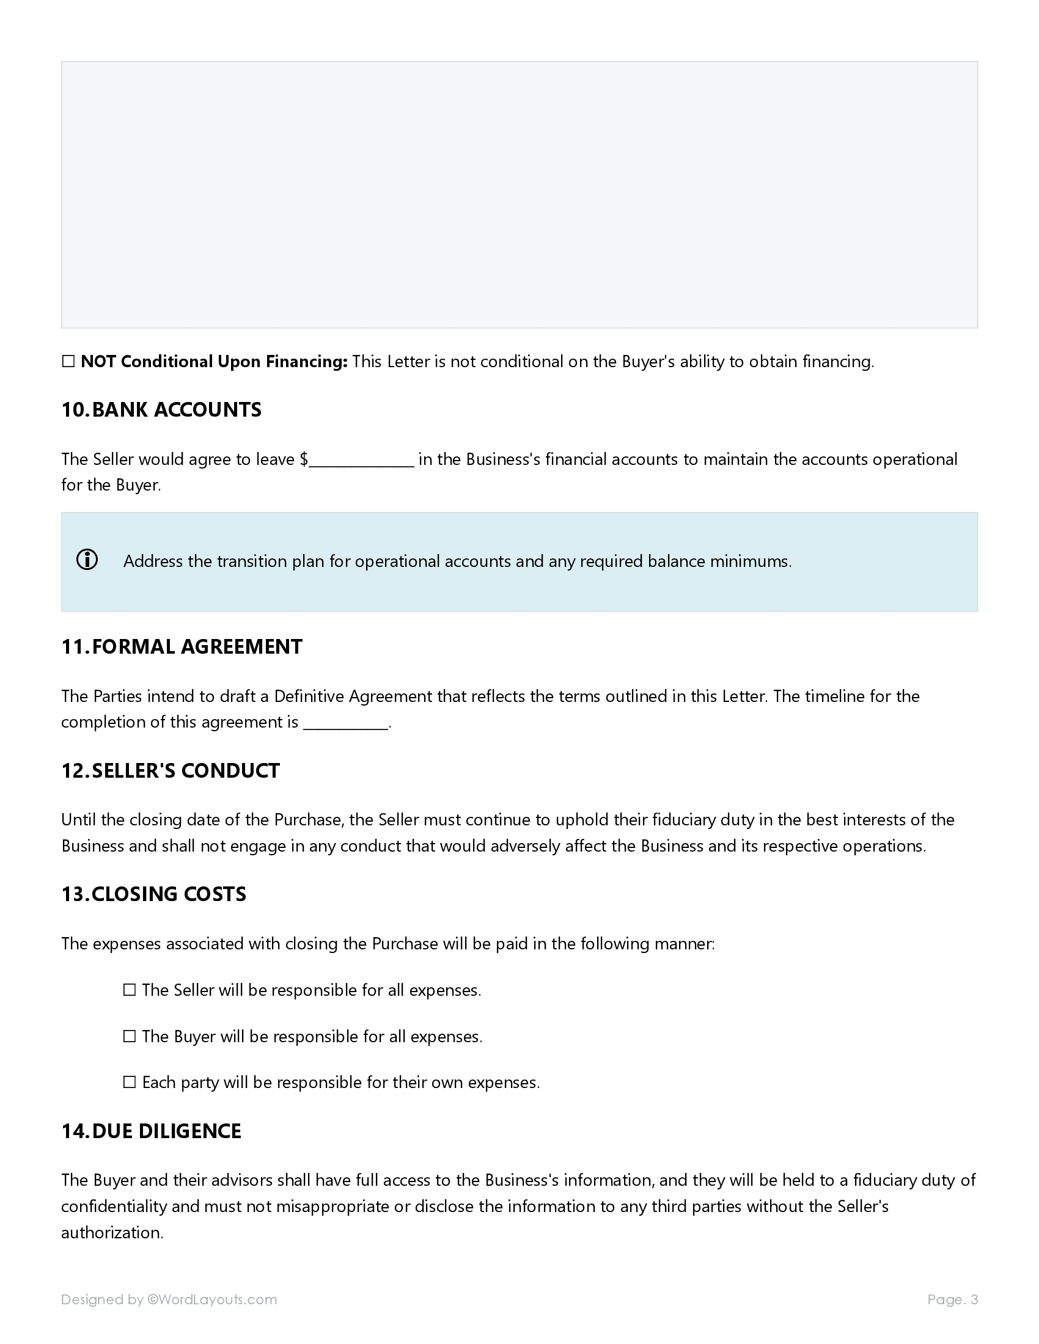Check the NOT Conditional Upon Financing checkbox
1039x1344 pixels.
pyautogui.click(x=68, y=362)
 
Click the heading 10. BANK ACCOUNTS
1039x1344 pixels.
pyautogui.click(x=161, y=410)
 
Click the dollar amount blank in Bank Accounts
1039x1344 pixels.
pyautogui.click(x=361, y=460)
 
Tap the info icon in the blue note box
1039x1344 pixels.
pyautogui.click(x=87, y=560)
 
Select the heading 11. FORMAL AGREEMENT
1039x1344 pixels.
pyautogui.click(x=182, y=647)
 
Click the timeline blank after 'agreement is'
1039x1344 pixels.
pyautogui.click(x=346, y=723)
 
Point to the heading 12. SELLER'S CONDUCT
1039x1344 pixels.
pyautogui.click(x=171, y=771)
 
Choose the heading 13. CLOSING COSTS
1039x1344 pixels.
pyautogui.click(x=153, y=894)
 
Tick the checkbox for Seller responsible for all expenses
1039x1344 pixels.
pyautogui.click(x=129, y=990)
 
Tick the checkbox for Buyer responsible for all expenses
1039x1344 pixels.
pyautogui.click(x=129, y=1037)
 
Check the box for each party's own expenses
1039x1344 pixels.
pyautogui.click(x=129, y=1083)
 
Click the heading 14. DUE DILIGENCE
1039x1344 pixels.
pyautogui.click(x=152, y=1131)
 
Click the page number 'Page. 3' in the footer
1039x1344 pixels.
pyautogui.click(x=952, y=1299)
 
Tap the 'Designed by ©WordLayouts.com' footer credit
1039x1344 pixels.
pyautogui.click(x=169, y=1299)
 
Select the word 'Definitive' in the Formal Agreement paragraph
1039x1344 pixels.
pyautogui.click(x=309, y=696)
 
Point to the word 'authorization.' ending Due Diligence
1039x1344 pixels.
pyautogui.click(x=112, y=1233)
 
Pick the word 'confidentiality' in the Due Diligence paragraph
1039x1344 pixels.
pyautogui.click(x=114, y=1206)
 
